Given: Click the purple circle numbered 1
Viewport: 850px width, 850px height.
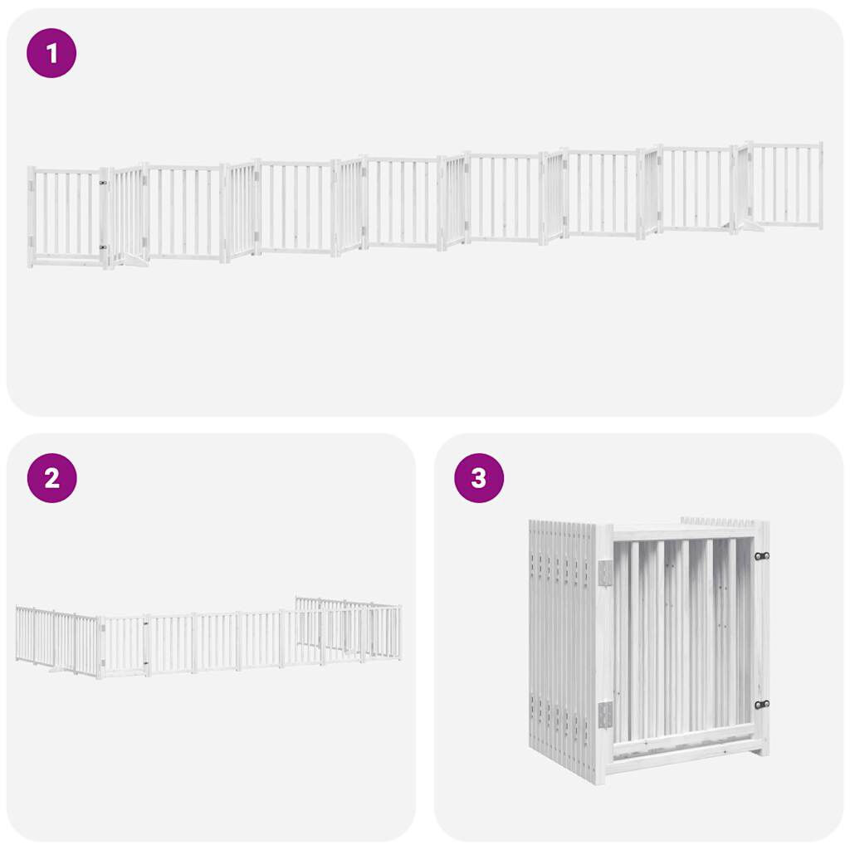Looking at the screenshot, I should click(51, 53).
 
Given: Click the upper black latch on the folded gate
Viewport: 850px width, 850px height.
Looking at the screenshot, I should click(761, 555).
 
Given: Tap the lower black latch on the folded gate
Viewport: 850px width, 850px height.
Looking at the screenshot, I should click(761, 704).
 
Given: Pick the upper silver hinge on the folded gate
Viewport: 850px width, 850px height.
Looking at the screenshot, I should click(605, 572).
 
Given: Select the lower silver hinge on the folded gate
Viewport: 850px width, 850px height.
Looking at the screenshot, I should click(605, 713).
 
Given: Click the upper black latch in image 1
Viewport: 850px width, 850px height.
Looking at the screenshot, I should click(103, 183).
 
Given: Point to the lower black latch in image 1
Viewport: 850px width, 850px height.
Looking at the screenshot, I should click(103, 247).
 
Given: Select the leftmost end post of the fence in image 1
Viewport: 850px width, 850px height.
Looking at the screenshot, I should click(31, 216).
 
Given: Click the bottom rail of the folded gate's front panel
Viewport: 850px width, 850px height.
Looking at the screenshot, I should click(686, 750).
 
